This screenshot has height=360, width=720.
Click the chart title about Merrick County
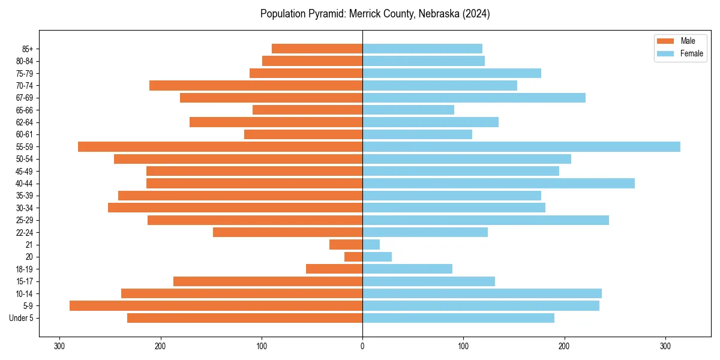tap(375, 14)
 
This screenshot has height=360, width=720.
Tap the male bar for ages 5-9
tap(216, 306)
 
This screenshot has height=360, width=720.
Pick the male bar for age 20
tap(353, 257)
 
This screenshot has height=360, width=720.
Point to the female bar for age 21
tap(371, 245)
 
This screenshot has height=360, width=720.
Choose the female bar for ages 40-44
tap(498, 184)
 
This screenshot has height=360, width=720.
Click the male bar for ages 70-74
tap(256, 86)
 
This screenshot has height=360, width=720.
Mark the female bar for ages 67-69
tap(473, 98)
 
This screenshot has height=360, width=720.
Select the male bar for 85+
tap(317, 49)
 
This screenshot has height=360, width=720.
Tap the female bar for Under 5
tap(458, 318)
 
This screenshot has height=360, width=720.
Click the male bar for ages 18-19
tap(334, 269)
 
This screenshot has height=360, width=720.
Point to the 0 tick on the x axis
tap(362, 346)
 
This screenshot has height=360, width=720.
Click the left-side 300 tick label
tap(59, 346)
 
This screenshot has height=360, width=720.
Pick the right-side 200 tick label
tap(564, 346)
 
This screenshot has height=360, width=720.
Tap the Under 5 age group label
tap(21, 318)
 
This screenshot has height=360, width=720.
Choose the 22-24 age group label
tap(24, 233)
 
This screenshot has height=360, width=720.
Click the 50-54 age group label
tap(24, 159)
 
